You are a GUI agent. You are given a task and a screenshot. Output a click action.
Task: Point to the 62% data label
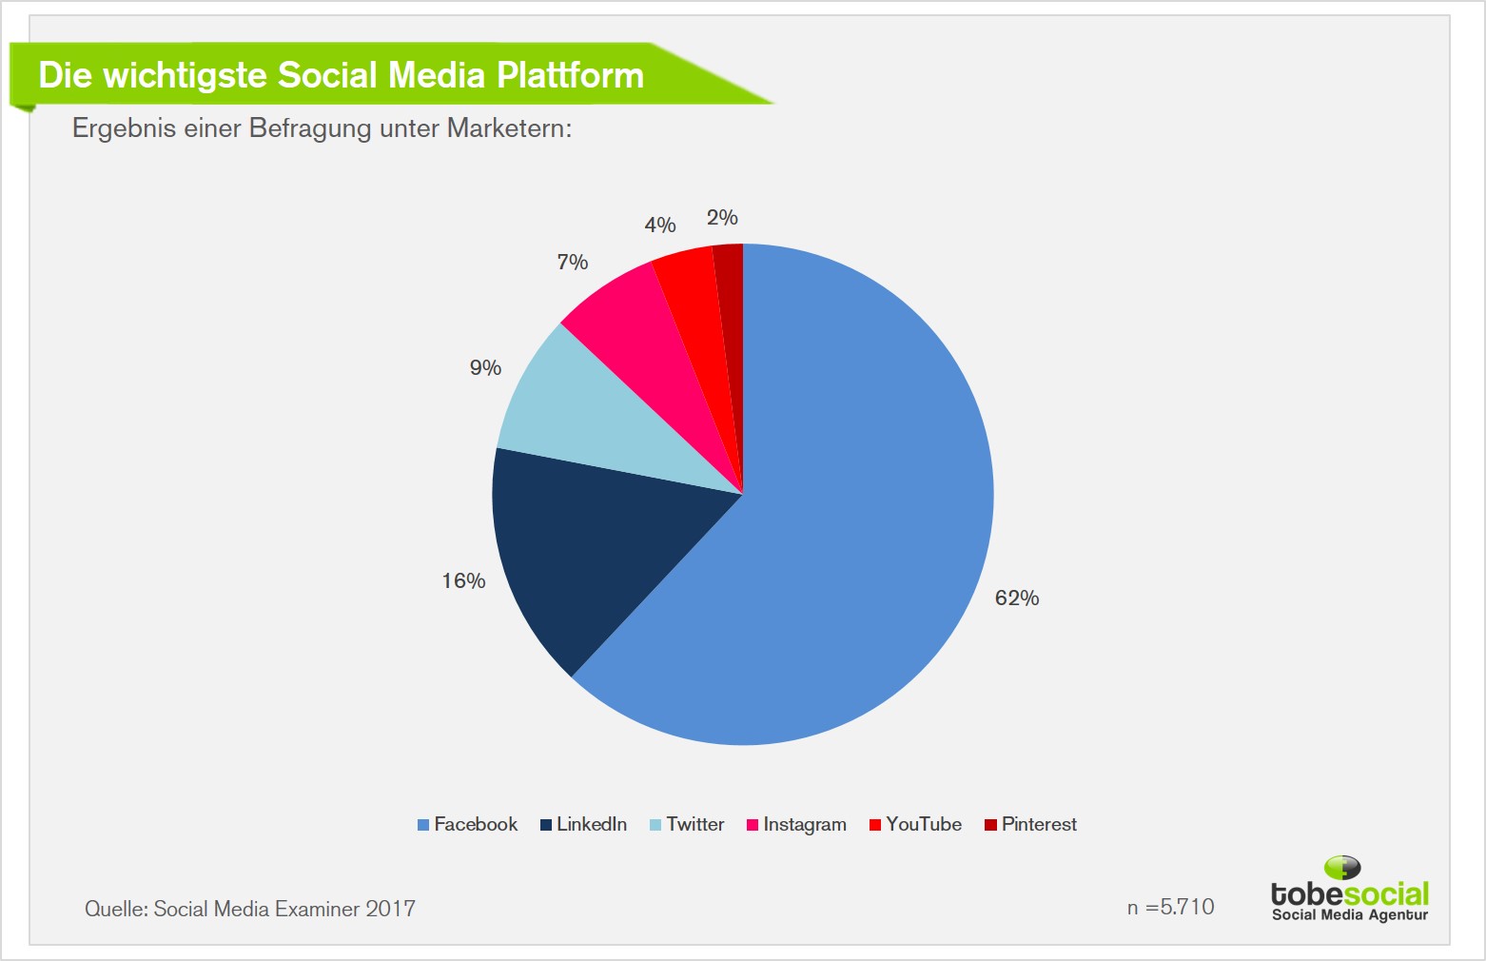click(x=1016, y=598)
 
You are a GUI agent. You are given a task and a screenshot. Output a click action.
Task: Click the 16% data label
click(x=463, y=580)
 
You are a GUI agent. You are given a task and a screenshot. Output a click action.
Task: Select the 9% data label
click(x=485, y=367)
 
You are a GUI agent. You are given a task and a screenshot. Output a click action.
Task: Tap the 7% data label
click(x=573, y=263)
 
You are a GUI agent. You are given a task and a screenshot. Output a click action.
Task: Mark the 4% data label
click(x=660, y=225)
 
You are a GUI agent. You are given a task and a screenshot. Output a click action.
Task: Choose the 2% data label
click(x=722, y=217)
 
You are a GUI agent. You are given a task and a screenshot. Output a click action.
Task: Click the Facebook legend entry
click(x=467, y=824)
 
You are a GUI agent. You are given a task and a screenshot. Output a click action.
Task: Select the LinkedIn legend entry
click(x=584, y=824)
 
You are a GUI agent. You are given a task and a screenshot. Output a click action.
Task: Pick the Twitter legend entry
click(x=687, y=824)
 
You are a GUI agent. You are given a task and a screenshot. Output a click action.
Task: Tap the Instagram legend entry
click(x=796, y=824)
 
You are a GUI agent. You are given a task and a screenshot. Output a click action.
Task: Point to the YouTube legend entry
click(x=915, y=824)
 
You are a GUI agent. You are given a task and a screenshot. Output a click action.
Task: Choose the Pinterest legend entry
click(x=1031, y=824)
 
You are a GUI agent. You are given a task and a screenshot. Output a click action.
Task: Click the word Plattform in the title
click(x=570, y=75)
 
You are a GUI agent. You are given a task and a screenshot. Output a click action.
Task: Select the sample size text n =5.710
click(x=1170, y=907)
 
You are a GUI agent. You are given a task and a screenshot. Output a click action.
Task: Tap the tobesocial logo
click(x=1349, y=890)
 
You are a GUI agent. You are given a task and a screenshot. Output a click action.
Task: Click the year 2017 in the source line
click(x=390, y=909)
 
